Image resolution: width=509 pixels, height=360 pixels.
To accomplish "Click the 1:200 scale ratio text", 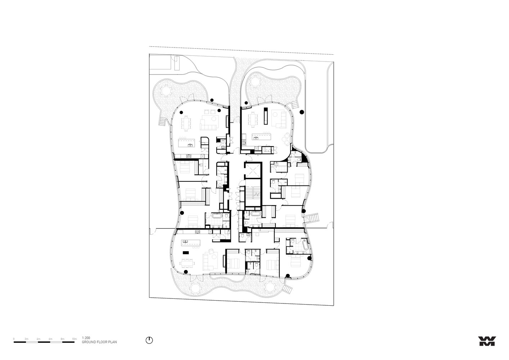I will point(86,338).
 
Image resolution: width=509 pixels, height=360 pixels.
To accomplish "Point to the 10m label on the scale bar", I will point(75,339).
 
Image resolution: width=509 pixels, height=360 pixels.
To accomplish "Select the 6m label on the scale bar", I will point(50,339).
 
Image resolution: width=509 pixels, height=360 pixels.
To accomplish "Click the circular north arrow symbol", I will point(149,340).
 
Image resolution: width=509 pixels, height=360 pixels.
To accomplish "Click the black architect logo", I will point(487,341).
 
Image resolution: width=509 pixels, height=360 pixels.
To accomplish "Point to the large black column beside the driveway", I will point(302,113).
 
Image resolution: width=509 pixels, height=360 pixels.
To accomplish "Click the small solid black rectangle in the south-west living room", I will point(186,252).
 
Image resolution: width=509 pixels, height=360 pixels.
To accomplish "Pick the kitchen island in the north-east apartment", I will point(262,137).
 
